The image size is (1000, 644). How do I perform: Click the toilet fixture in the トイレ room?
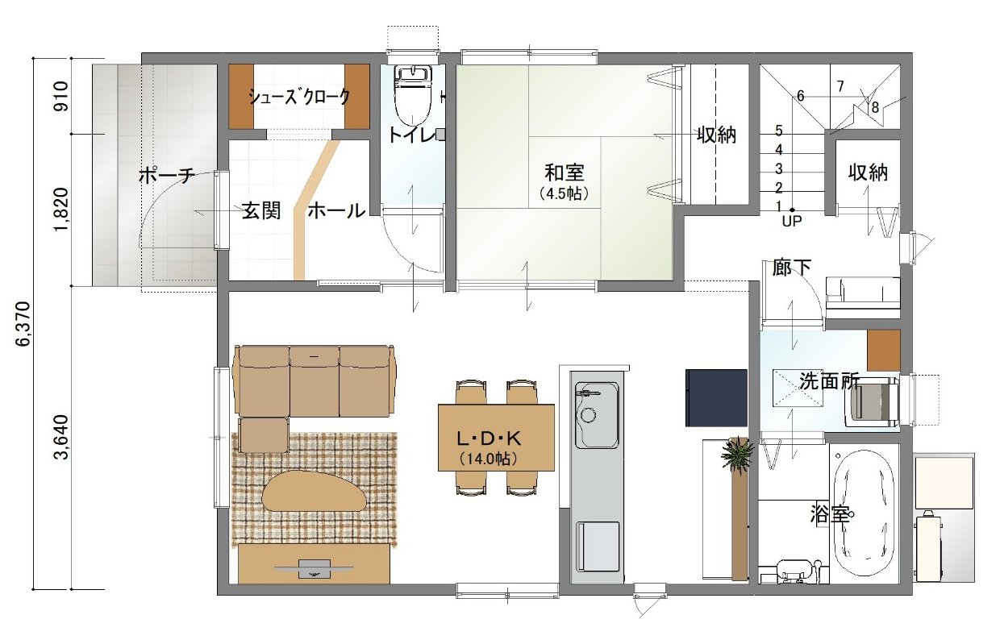coord(413,96)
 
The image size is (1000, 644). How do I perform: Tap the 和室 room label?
coord(564,172)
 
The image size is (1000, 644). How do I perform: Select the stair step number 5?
coord(778,131)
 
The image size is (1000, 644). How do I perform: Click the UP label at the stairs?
coord(791,221)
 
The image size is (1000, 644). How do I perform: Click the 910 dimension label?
coord(60,97)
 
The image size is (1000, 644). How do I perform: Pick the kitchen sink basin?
coord(597,414)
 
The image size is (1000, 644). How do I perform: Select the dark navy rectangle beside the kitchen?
coord(716,397)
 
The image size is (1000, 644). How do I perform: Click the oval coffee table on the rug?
coord(315,491)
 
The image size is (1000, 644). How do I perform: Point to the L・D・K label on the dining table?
coord(489,439)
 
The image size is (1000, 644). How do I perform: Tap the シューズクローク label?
coord(299,97)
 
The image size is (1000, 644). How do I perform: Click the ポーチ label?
coord(166,176)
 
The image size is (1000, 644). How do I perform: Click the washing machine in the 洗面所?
coord(875,402)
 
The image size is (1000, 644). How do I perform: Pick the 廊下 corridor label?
coord(791,268)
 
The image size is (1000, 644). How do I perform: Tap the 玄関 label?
coord(261,210)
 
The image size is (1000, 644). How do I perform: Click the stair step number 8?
coord(874,107)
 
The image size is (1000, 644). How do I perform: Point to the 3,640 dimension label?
coord(60,437)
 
